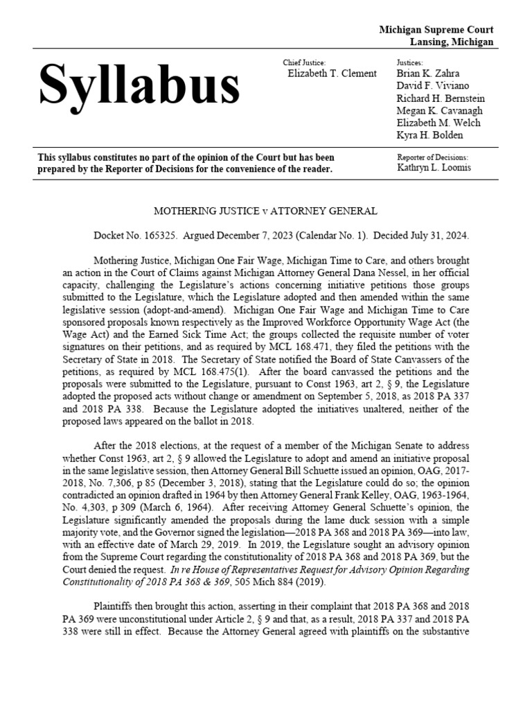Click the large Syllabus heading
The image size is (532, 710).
coord(139,87)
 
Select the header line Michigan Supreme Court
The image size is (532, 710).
coord(436,30)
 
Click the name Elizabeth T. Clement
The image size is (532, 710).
coord(332,73)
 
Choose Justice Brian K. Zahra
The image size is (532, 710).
coord(428,73)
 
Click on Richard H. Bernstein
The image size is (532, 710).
coord(441,98)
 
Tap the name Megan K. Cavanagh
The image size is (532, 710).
coord(439,111)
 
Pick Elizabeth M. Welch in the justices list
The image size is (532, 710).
coord(438,123)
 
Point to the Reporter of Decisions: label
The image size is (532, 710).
coord(432,157)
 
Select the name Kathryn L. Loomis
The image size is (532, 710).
coord(434,168)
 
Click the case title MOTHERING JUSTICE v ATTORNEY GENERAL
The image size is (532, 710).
coord(266,211)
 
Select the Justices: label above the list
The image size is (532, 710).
coord(409,62)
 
